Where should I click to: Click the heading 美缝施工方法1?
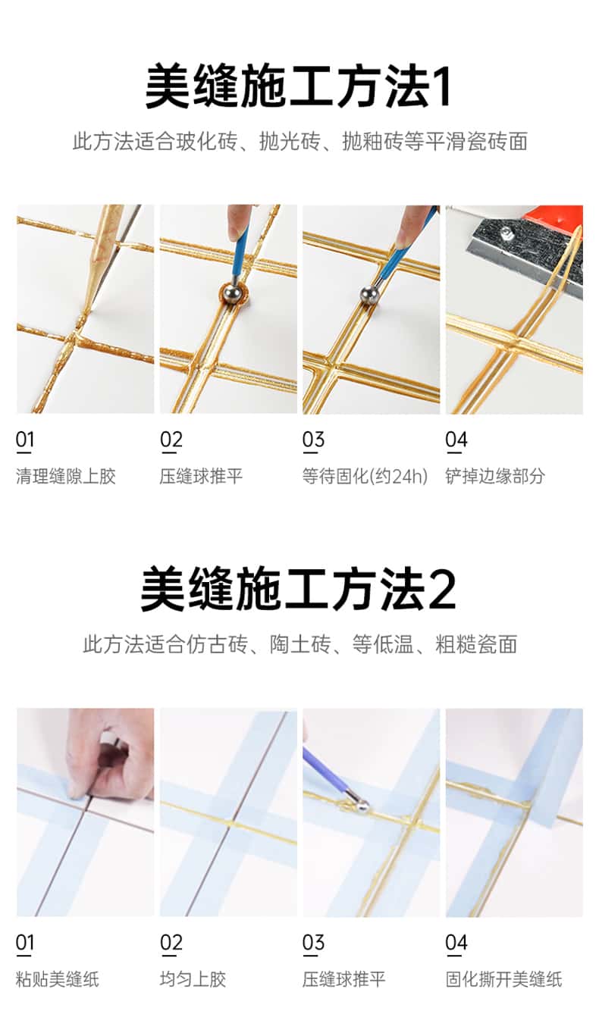pyautogui.click(x=299, y=86)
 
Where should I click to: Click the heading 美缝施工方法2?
pyautogui.click(x=299, y=590)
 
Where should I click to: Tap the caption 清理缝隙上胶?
pyautogui.click(x=66, y=476)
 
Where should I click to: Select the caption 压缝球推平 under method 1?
pyautogui.click(x=201, y=476)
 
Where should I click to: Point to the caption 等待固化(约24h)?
pyautogui.click(x=365, y=476)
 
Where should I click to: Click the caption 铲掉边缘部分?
pyautogui.click(x=495, y=476)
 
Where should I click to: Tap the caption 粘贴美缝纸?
pyautogui.click(x=58, y=979)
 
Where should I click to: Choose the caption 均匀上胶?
pyautogui.click(x=193, y=979)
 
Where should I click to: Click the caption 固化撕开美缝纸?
pyautogui.click(x=503, y=979)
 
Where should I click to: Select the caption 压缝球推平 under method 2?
pyautogui.click(x=343, y=979)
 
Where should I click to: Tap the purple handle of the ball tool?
pyautogui.click(x=326, y=770)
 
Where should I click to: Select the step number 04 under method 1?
pyautogui.click(x=456, y=440)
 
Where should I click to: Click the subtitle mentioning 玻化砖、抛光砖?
pyautogui.click(x=300, y=142)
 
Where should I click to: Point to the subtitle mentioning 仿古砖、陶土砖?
pyautogui.click(x=300, y=645)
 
